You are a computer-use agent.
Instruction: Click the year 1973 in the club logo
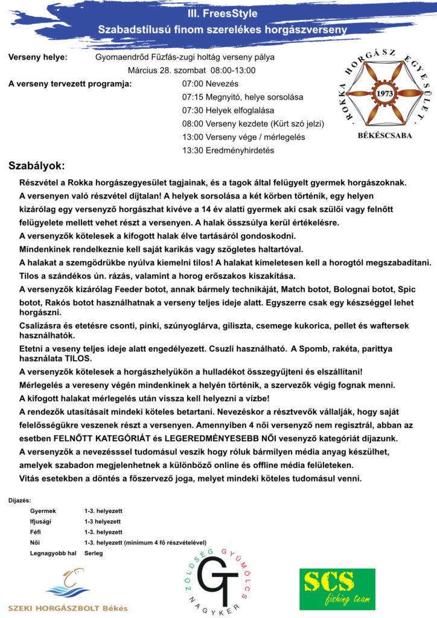pos(384,94)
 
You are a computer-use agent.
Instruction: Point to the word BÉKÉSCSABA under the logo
pos(384,136)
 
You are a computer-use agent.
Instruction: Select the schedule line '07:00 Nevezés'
pos(210,84)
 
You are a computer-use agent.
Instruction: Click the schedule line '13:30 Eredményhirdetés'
pos(228,150)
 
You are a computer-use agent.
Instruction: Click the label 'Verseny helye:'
pos(37,57)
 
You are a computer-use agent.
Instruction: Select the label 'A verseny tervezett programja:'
pos(70,84)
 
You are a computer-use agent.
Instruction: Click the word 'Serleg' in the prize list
pos(94,553)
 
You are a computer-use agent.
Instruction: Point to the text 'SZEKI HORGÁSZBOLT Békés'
pos(68,607)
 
